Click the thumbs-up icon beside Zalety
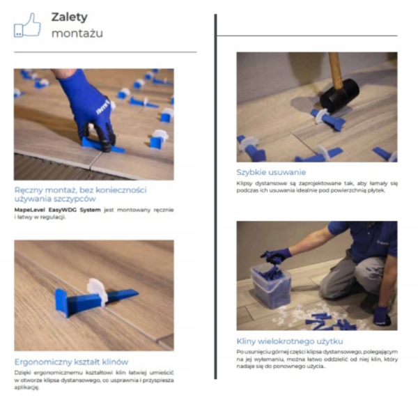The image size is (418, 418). (27, 26)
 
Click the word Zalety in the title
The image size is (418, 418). (70, 17)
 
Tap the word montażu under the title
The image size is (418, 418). (77, 33)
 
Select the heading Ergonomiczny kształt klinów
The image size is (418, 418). (71, 362)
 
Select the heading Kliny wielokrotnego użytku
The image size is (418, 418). (289, 341)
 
